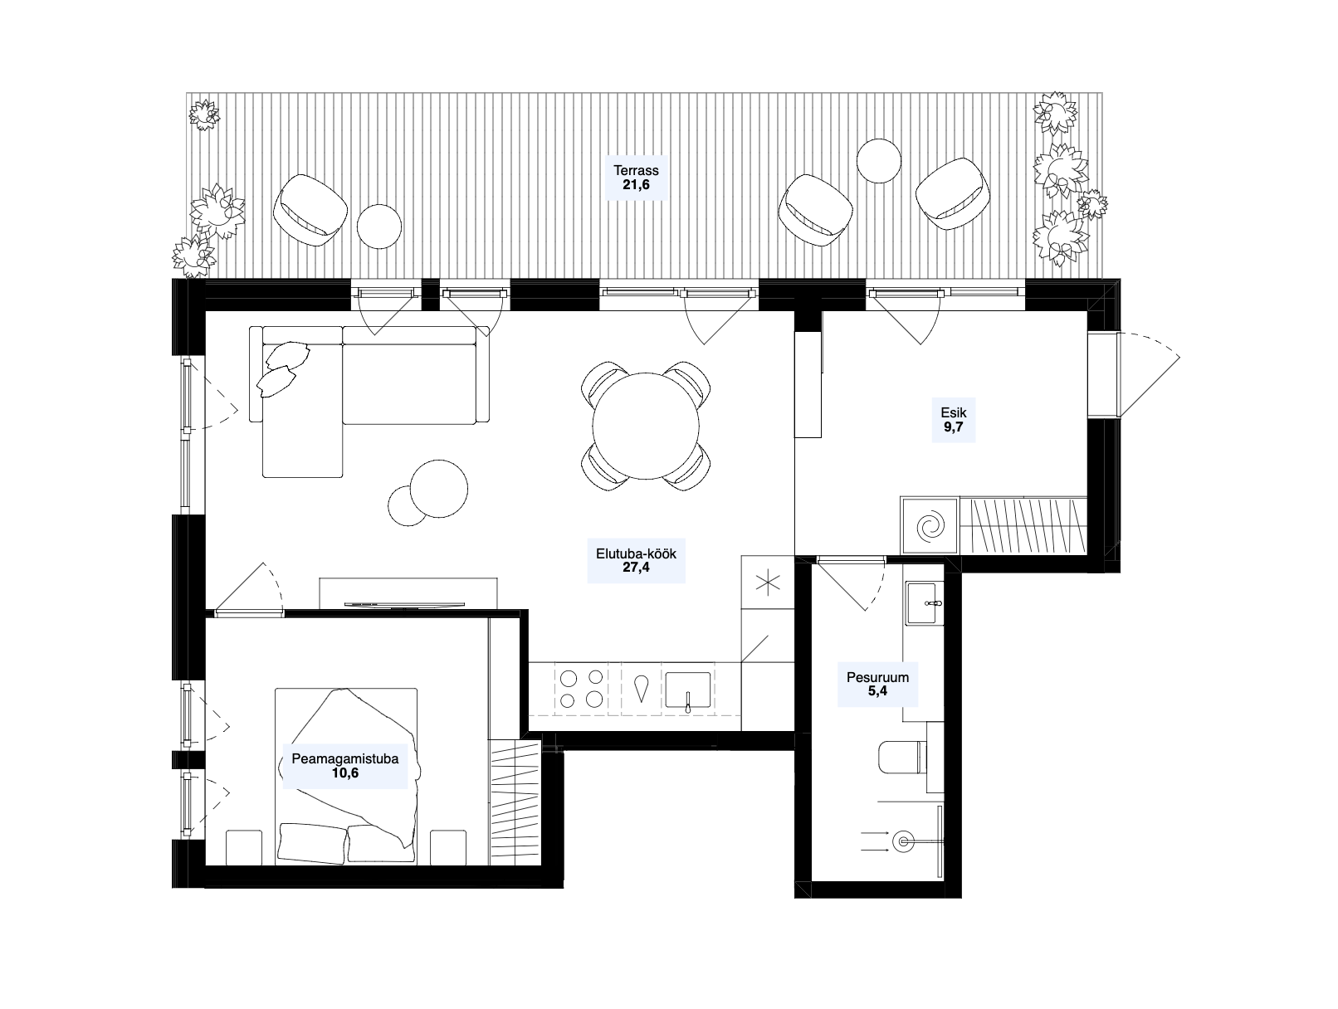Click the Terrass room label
pos(636,171)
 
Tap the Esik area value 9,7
pos(954,427)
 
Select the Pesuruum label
pos(877,677)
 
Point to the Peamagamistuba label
pos(345,758)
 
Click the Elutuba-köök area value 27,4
pos(636,568)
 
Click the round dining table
pos(646,426)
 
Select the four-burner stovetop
pos(582,689)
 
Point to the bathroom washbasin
pos(925,603)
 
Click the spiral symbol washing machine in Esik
pos(930,525)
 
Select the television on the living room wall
pos(404,604)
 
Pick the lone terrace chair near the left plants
pos(310,210)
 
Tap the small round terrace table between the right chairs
pos(878,160)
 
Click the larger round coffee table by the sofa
pos(439,489)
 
